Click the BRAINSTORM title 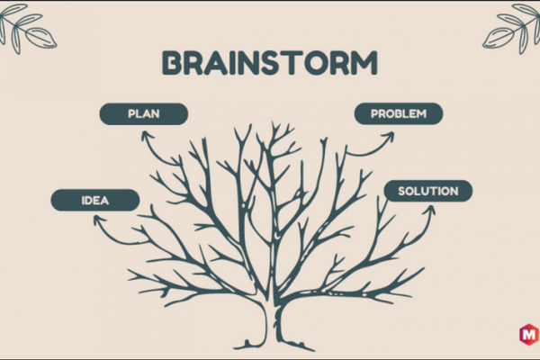coord(270,63)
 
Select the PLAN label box coord(144,113)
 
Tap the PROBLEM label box coord(399,113)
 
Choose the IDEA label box coord(95,200)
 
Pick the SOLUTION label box coord(428,191)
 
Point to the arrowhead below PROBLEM coord(389,137)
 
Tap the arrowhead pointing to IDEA coord(99,220)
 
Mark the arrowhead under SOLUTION coord(429,210)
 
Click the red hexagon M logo coord(529,334)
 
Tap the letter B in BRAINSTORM coord(172,63)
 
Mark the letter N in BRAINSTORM coord(246,63)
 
